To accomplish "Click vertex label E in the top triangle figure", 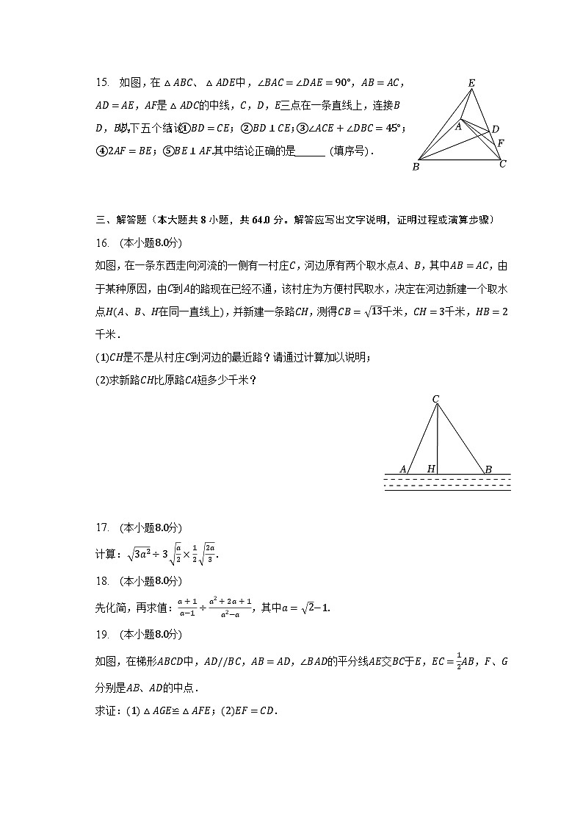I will pos(471,83).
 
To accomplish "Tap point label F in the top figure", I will pos(500,143).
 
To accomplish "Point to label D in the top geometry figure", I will pos(495,129).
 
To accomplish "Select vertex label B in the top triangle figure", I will pos(416,167).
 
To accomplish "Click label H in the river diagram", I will pos(431,469).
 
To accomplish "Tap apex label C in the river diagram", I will pos(435,400).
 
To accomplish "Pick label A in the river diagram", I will pos(403,469).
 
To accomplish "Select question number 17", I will pos(102,527).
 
